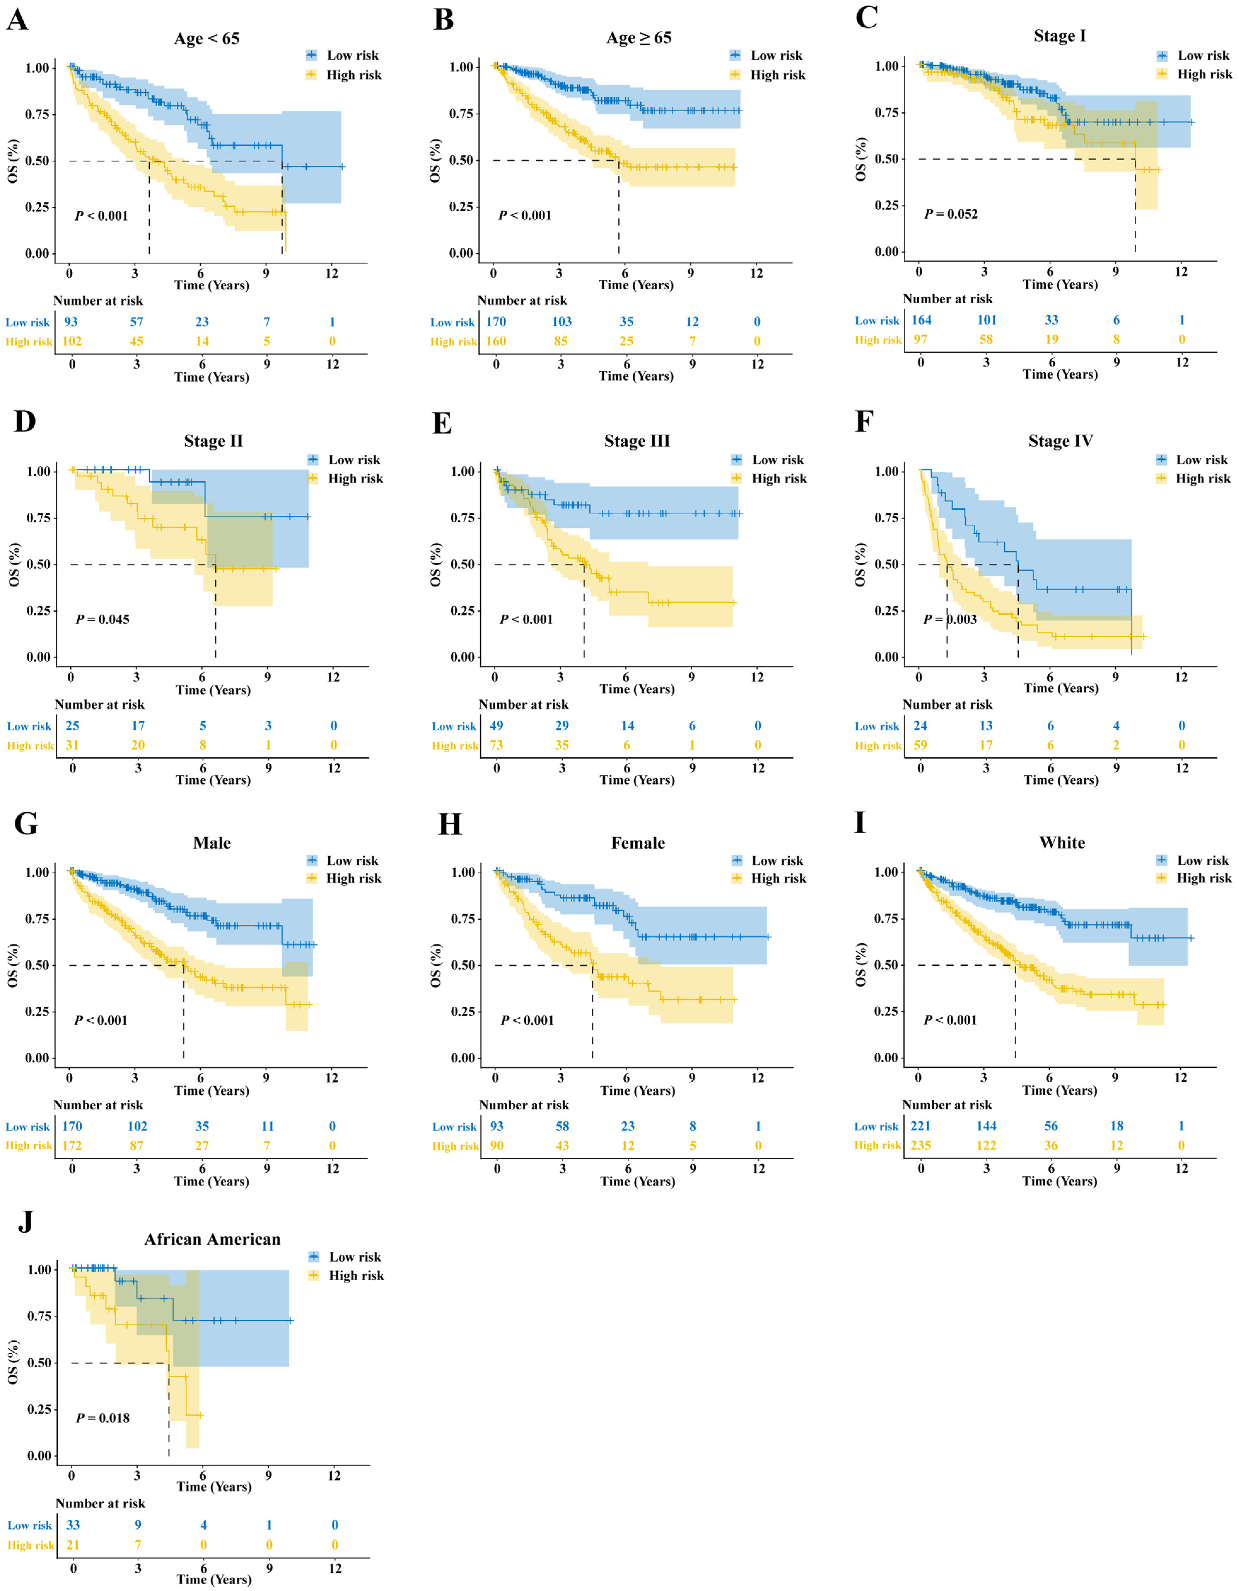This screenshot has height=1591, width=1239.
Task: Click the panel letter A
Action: click(17, 20)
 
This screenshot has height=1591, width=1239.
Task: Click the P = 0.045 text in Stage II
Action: click(103, 619)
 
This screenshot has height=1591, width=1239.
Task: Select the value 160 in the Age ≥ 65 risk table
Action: click(496, 341)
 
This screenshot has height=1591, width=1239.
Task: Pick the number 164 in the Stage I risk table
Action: click(921, 320)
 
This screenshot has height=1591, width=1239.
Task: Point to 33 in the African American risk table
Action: click(73, 1525)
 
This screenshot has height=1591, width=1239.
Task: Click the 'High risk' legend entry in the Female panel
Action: click(778, 878)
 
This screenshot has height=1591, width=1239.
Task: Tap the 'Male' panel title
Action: click(212, 843)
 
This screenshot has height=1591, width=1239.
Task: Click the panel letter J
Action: click(26, 1221)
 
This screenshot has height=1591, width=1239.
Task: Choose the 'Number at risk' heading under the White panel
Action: click(947, 1105)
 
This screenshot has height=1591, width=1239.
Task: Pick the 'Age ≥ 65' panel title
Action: click(639, 38)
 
